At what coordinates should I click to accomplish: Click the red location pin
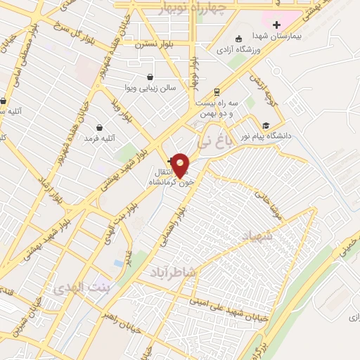pyautogui.click(x=181, y=164)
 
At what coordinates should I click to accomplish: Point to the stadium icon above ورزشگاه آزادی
pyautogui.click(x=240, y=39)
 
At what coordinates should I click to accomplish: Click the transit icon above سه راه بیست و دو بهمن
pyautogui.click(x=217, y=91)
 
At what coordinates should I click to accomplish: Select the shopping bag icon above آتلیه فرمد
pyautogui.click(x=99, y=128)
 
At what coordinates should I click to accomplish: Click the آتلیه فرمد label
pyautogui.click(x=99, y=139)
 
